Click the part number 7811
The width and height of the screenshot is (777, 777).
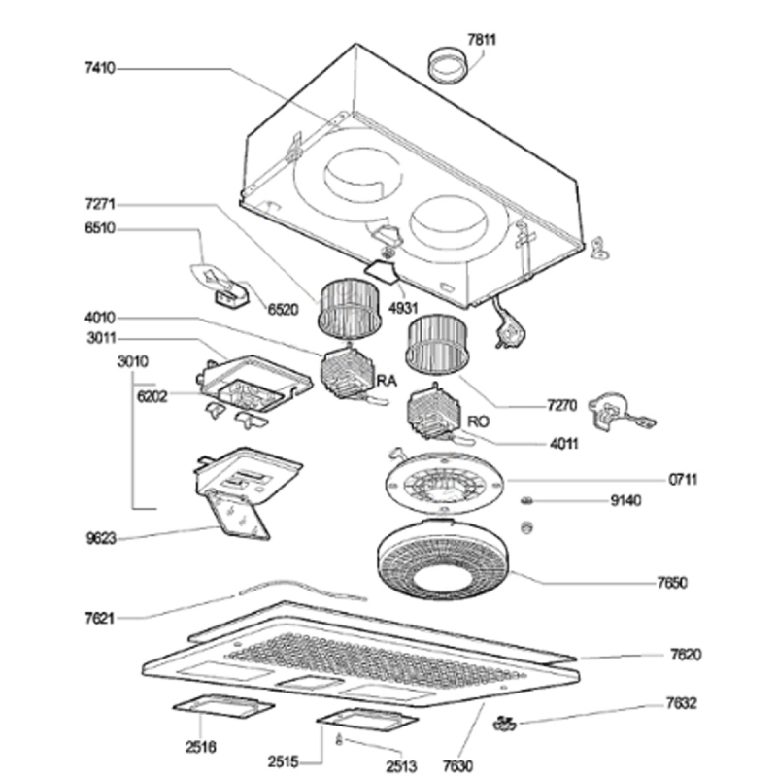pyautogui.click(x=482, y=40)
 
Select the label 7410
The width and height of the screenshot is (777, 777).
pyautogui.click(x=100, y=69)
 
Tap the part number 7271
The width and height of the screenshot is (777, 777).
pyautogui.click(x=100, y=205)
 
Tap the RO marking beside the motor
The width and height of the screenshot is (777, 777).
pyautogui.click(x=477, y=422)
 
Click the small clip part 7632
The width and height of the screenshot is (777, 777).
pyautogui.click(x=503, y=722)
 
